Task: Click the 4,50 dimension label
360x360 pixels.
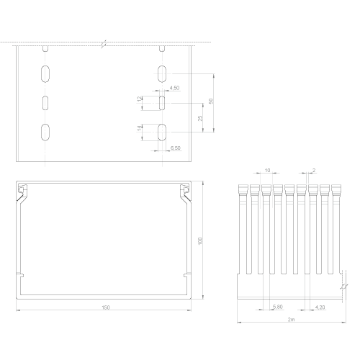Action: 174,88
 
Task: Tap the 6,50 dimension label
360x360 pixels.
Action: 176,148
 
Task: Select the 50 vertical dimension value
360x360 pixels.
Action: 211,101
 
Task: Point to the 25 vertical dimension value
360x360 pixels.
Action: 200,118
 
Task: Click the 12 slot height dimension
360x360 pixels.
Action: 140,99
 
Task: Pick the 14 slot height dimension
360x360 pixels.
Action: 140,129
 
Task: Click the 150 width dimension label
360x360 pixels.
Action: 106,307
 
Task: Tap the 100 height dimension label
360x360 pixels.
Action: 200,241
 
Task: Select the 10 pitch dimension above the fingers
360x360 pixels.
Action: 267,170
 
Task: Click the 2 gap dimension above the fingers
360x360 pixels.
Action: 314,170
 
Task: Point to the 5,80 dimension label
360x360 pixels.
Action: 278,307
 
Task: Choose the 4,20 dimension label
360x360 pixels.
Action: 320,307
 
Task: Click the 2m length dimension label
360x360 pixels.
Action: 291,320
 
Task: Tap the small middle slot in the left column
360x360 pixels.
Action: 45,103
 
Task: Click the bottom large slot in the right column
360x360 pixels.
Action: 162,132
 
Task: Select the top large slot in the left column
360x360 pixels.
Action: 45,73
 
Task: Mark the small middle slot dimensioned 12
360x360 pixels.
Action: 162,103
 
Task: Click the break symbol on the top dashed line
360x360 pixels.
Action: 104,44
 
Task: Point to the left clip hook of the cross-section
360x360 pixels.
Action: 22,189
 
